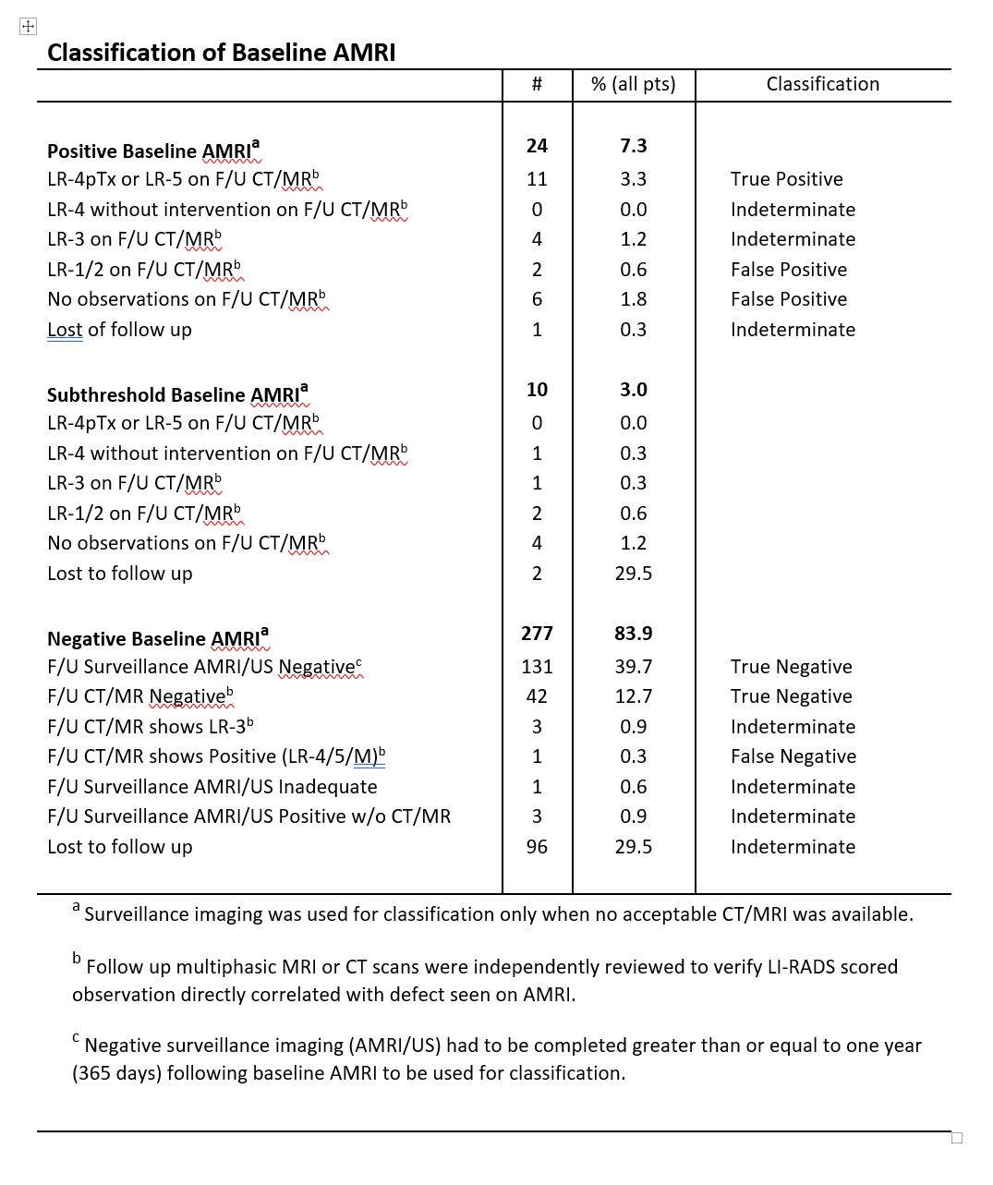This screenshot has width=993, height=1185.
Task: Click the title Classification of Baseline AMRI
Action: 221,53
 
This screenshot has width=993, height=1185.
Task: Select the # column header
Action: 537,84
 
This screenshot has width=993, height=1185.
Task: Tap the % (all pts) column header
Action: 633,84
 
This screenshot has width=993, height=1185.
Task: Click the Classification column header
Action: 822,84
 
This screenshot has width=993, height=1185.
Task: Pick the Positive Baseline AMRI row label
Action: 153,151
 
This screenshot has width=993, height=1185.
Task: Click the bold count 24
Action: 537,146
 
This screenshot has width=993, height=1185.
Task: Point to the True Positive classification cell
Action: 786,179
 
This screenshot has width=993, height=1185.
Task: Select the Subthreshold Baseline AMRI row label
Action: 177,394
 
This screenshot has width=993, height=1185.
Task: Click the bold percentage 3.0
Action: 633,390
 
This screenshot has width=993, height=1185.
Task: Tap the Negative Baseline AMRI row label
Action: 158,638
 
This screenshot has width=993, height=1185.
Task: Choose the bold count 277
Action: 537,634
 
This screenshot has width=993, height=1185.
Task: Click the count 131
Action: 537,667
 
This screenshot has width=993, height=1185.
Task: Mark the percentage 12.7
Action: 633,696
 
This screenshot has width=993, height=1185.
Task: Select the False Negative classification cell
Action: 793,756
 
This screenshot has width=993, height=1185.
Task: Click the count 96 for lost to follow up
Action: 537,847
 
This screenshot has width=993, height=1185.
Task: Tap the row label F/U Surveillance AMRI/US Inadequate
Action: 212,787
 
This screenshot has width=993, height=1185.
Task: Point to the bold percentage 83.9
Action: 633,634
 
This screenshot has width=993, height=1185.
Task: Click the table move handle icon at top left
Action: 28,27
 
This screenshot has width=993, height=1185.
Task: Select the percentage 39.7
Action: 633,667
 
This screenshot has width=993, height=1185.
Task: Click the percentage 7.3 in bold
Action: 633,146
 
